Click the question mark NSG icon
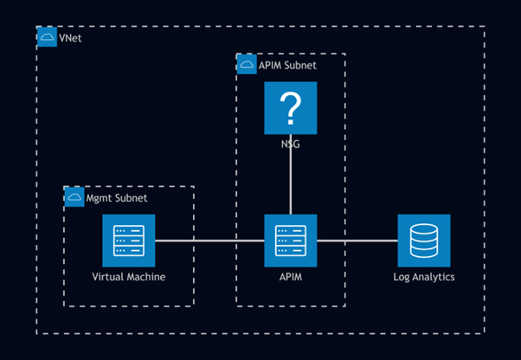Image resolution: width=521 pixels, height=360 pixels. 291,108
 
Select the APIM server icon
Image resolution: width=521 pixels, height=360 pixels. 291,241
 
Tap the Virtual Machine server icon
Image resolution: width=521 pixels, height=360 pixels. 128,241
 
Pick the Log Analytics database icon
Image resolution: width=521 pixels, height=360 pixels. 424,241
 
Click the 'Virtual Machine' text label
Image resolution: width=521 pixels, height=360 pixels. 128,277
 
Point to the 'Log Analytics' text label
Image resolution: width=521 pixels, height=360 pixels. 424,277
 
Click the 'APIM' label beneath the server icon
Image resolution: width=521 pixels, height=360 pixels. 291,277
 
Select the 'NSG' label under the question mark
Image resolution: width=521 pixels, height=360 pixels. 291,145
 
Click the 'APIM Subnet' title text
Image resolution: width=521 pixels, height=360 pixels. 287,65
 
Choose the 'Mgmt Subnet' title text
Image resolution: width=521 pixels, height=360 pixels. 116,198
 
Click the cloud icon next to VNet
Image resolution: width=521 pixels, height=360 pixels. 48,37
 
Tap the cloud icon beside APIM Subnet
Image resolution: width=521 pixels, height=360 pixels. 247,65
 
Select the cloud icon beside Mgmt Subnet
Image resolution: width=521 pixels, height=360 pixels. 74,198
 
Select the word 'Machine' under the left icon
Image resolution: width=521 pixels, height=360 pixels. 146,277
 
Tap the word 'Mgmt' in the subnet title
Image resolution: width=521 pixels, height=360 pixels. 99,198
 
